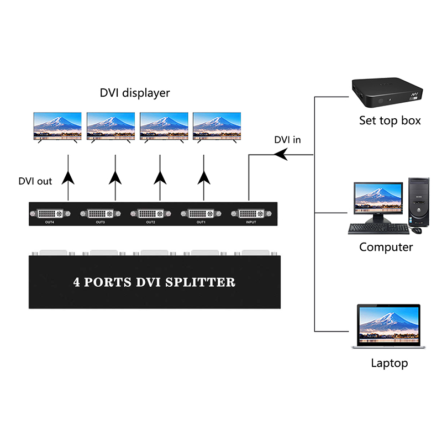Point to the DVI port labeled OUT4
click(51, 213)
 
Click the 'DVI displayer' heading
click(135, 93)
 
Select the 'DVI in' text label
click(287, 140)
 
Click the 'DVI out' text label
click(35, 181)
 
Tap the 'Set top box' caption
click(390, 120)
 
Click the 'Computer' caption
click(386, 247)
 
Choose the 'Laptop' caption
click(389, 363)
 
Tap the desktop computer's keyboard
click(378, 228)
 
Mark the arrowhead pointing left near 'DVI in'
click(282, 155)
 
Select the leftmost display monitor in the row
click(57, 125)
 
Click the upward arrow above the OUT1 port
click(204, 177)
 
